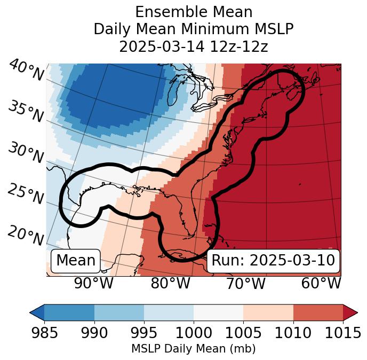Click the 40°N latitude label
[x=26, y=71]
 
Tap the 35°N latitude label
[x=25, y=112]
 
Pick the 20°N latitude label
[x=25, y=235]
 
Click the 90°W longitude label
[x=93, y=283]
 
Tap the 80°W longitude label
[x=170, y=283]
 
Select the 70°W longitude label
[x=245, y=283]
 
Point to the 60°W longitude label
[x=321, y=283]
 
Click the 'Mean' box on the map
[x=76, y=261]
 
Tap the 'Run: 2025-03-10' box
[x=273, y=261]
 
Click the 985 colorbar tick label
[x=44, y=333]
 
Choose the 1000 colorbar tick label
[x=194, y=333]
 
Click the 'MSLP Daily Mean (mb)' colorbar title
[x=193, y=349]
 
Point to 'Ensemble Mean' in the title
[x=193, y=12]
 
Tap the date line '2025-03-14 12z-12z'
[x=193, y=46]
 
